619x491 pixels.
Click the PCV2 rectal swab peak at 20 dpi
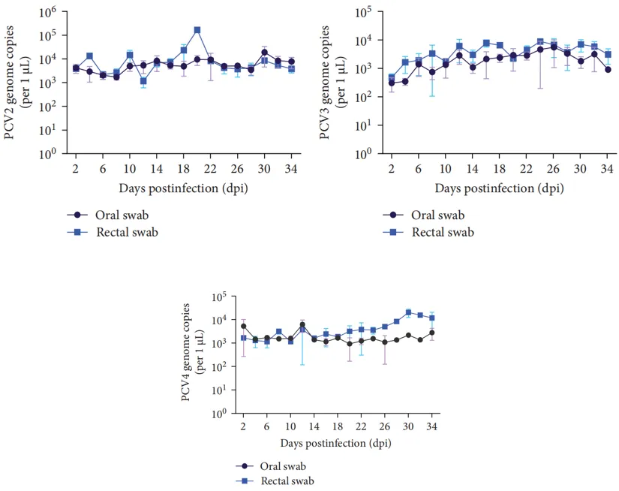[197, 30]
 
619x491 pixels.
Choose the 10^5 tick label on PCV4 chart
[220, 297]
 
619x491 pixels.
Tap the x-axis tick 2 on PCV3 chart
[391, 168]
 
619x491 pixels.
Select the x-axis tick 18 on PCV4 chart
[338, 426]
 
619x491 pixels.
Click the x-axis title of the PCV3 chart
[500, 185]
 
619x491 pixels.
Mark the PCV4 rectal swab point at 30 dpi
[408, 312]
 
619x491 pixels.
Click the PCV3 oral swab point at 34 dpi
[608, 69]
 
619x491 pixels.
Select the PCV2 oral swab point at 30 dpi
[264, 53]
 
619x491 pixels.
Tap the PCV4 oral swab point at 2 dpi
[243, 327]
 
